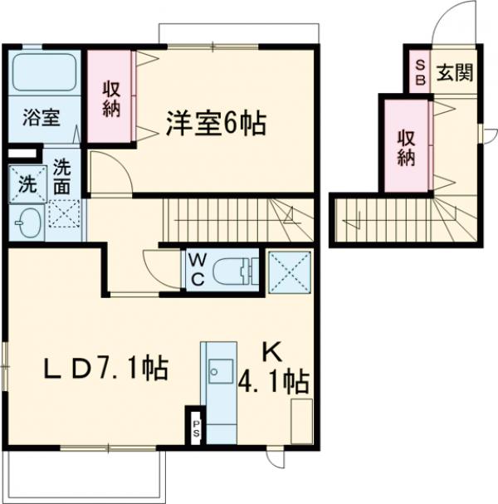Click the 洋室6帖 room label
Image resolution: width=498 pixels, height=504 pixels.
click(215, 124)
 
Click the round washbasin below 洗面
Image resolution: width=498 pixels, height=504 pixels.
click(27, 223)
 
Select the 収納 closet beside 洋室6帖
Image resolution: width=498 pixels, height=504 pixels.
click(111, 98)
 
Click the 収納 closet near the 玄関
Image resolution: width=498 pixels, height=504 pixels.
click(405, 145)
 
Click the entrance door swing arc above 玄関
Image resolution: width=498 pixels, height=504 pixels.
click(447, 21)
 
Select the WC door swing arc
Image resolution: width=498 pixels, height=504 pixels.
click(159, 267)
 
